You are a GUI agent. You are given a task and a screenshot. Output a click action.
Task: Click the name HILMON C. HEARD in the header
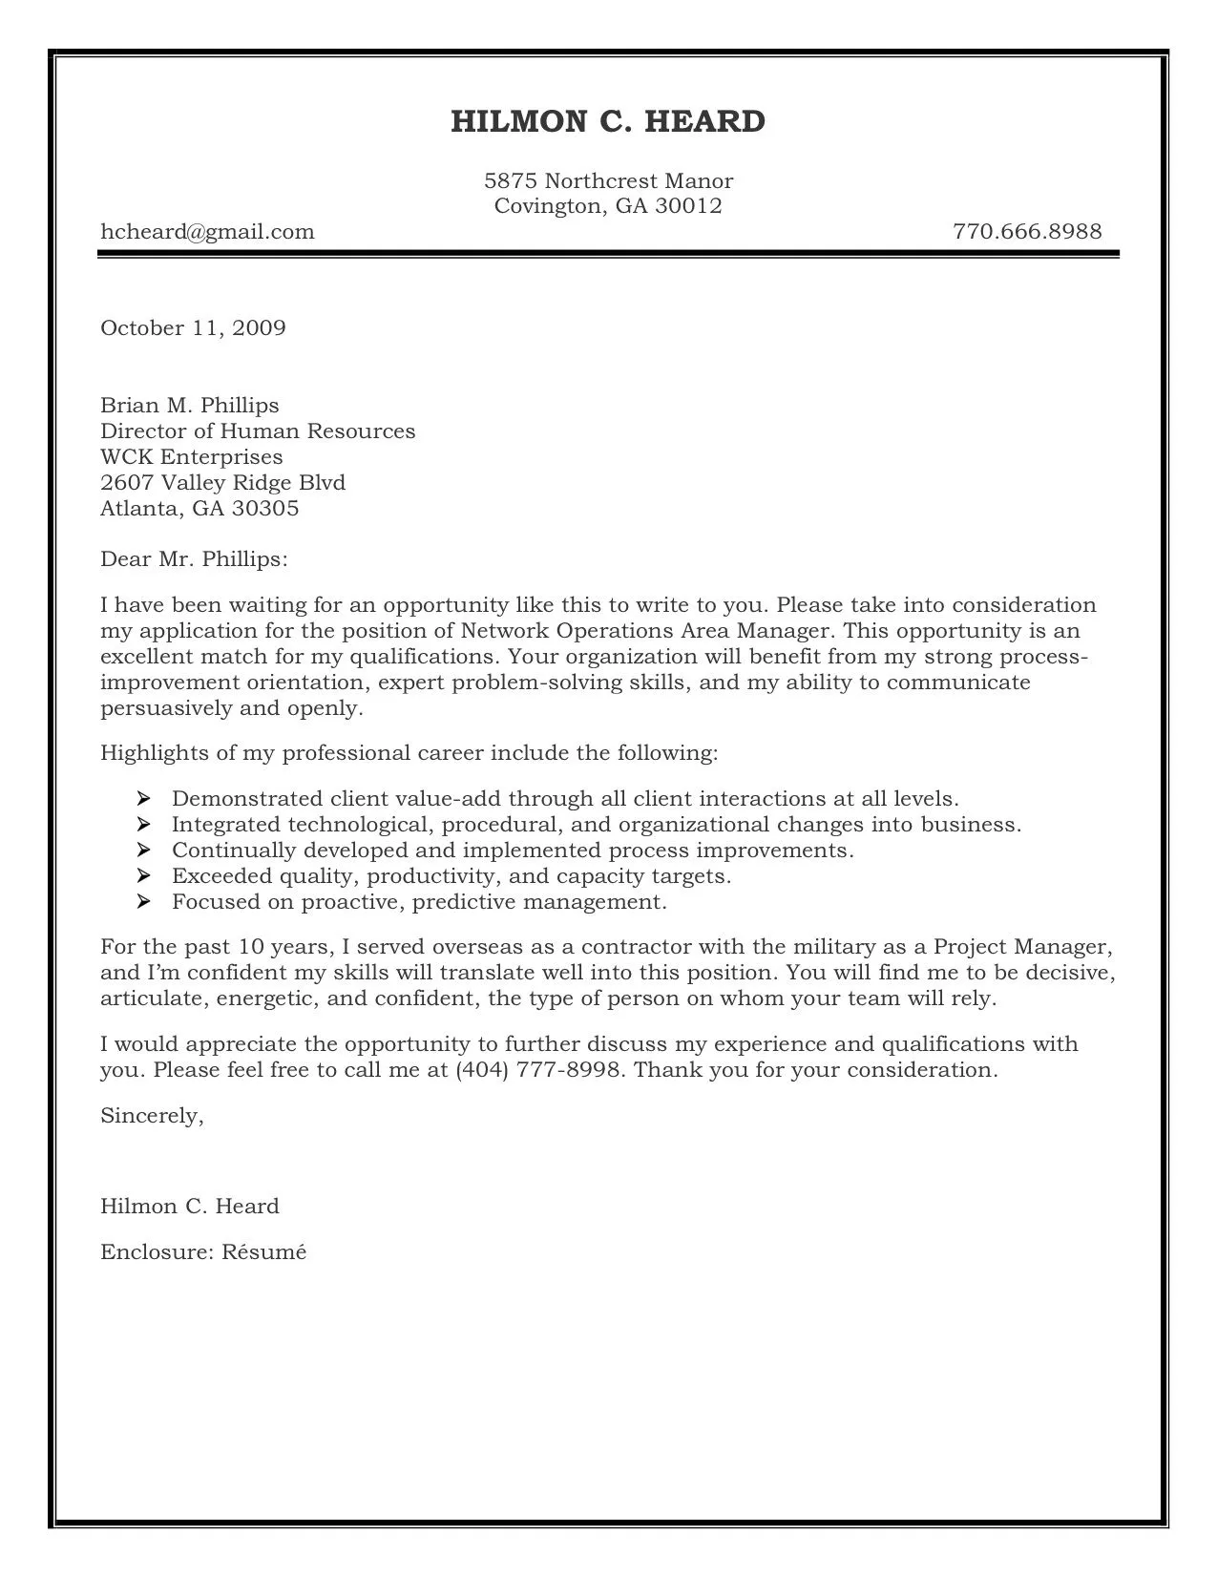click(608, 122)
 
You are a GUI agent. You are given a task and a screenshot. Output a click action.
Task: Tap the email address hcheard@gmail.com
click(207, 232)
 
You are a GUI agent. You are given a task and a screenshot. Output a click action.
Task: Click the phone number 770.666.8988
click(1027, 232)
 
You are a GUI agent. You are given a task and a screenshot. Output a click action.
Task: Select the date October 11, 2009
click(193, 328)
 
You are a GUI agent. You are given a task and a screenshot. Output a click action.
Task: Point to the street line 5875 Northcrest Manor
click(608, 181)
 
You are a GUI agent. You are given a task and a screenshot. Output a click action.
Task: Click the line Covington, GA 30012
click(608, 206)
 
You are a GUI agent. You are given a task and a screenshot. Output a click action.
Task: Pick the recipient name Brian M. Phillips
click(190, 406)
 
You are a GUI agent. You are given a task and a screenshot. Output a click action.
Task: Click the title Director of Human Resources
click(258, 431)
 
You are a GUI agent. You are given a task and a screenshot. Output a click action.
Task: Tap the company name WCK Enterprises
click(192, 457)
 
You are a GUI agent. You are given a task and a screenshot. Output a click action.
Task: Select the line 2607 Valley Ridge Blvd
click(222, 483)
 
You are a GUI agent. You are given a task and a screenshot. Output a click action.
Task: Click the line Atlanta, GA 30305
click(199, 509)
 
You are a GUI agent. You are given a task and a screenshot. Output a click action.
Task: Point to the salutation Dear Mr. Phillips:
click(194, 559)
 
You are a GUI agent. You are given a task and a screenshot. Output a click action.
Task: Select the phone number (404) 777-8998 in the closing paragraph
click(540, 1070)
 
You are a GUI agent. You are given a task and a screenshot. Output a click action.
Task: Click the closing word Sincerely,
click(152, 1116)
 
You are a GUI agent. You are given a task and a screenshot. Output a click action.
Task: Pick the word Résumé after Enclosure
click(264, 1251)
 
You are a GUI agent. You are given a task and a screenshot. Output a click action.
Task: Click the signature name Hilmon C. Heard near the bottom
click(190, 1207)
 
